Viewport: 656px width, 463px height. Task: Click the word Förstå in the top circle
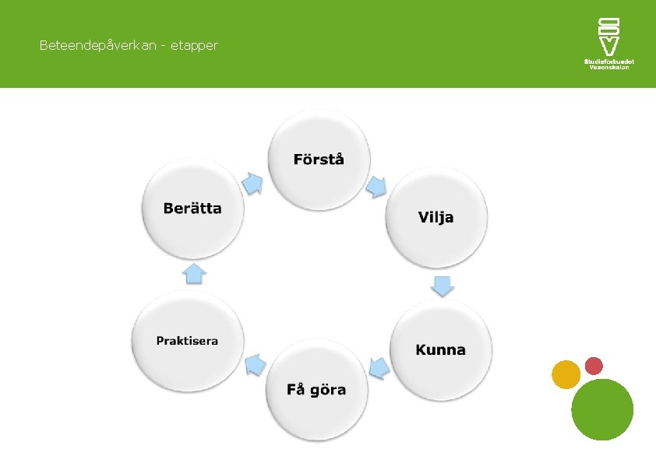319,160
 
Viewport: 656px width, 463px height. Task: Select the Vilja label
436,217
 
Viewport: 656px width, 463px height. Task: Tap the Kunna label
440,349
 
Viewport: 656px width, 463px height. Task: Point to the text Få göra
316,389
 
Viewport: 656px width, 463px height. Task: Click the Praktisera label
187,341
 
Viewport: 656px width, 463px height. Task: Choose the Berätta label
192,208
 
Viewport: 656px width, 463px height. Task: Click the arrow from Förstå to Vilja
377,187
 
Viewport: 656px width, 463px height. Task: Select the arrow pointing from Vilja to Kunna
443,286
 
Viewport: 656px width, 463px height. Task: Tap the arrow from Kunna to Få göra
379,367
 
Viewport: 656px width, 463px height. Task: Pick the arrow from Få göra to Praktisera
254,363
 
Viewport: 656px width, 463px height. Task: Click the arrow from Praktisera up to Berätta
193,273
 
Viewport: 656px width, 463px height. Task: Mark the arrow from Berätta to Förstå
252,183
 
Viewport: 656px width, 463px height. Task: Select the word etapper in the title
194,46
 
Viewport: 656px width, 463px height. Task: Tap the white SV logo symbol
608,36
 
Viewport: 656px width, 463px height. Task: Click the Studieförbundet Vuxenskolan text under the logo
608,64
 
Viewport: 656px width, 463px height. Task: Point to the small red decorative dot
594,366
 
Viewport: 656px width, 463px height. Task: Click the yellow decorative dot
566,374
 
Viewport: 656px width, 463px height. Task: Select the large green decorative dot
602,409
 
